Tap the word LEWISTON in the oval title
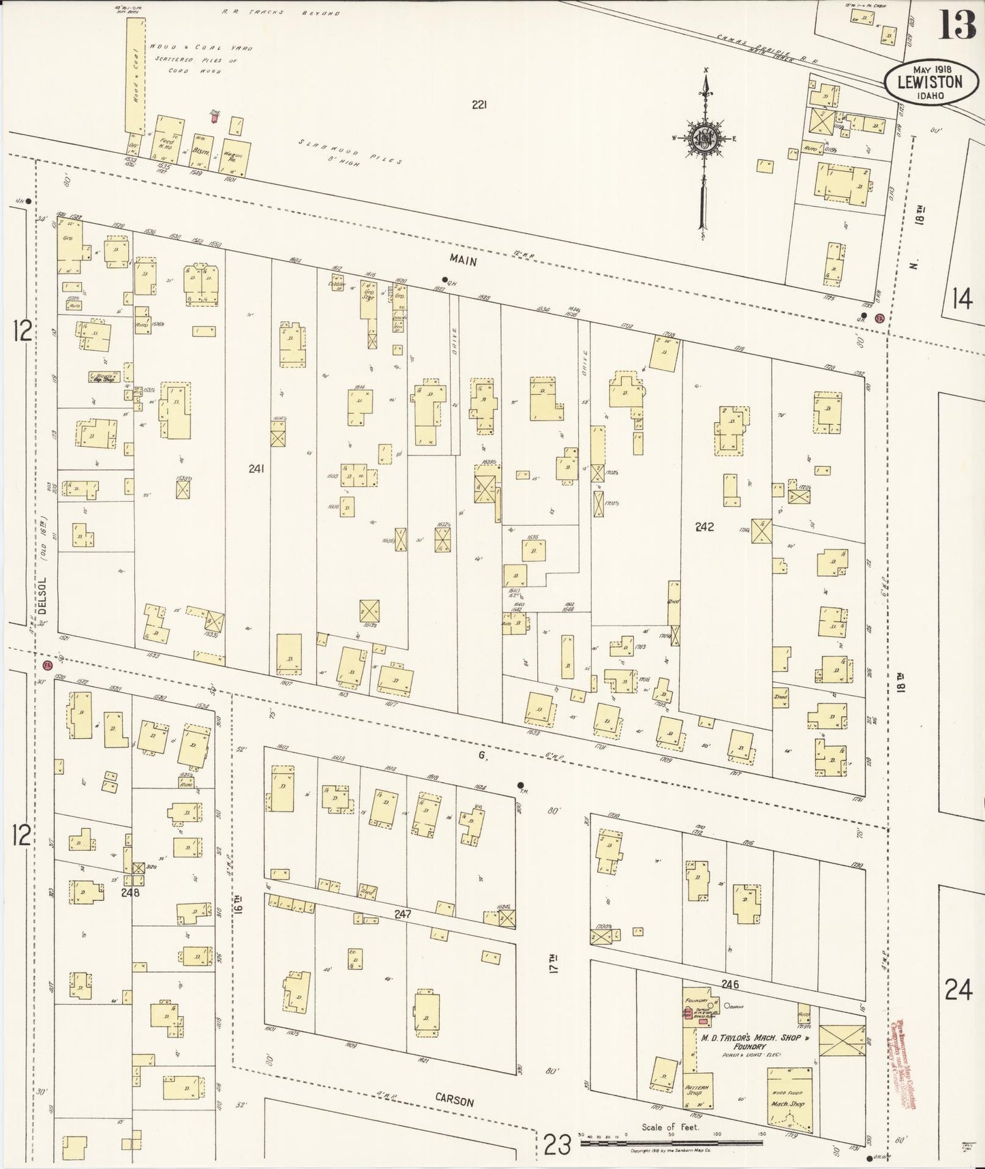coord(929,83)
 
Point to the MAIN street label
coord(463,261)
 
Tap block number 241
coord(256,469)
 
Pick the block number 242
coord(704,527)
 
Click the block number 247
coord(402,913)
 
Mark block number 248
coord(130,892)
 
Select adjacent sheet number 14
coord(961,299)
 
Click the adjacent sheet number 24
coord(958,988)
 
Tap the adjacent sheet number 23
coord(558,1145)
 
